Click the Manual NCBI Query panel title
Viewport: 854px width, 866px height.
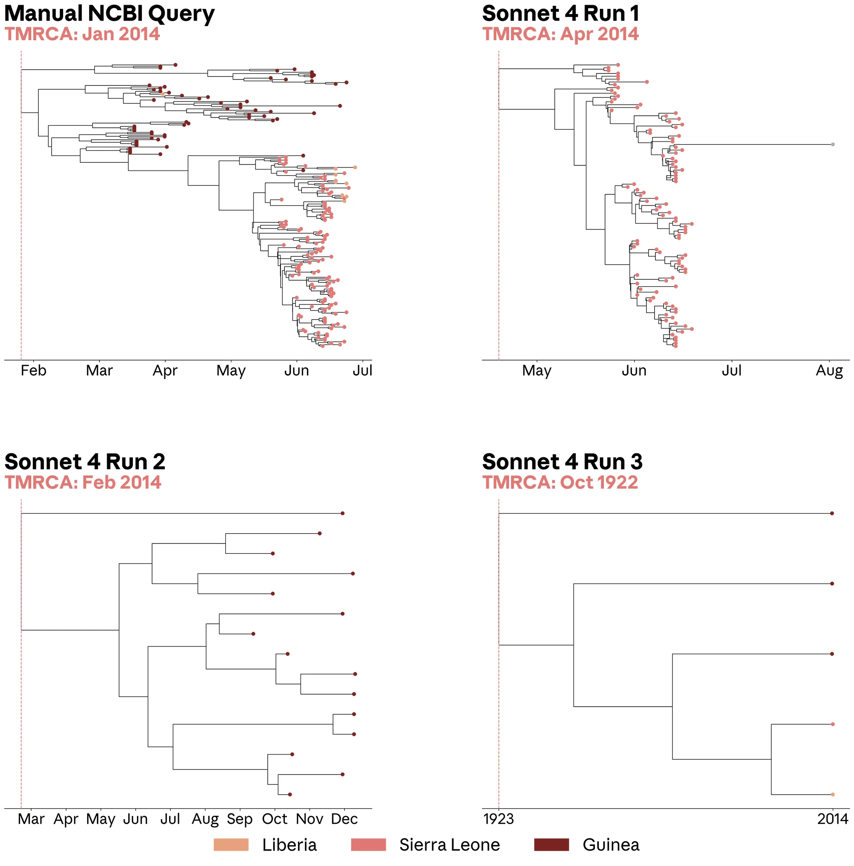coord(109,13)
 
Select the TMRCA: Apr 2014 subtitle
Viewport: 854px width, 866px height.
coord(560,34)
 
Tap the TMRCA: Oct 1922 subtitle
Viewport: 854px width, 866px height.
coord(560,482)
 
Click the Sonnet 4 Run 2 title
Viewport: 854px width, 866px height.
coord(85,462)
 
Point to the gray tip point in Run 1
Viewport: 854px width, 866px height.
coord(833,144)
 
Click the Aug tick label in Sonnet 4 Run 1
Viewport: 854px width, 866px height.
coord(829,371)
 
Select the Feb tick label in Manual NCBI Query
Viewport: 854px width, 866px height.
coord(34,371)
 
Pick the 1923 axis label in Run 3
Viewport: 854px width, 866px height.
coord(499,819)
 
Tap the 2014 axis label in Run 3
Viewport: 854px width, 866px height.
coord(833,819)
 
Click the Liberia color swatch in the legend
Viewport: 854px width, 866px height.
coord(231,845)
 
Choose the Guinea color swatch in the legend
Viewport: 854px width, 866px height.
coord(552,845)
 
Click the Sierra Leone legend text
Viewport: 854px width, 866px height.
coord(449,845)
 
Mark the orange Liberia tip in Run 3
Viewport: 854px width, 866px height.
coord(833,795)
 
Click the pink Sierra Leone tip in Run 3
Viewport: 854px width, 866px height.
coord(833,724)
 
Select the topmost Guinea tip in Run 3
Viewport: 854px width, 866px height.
coord(832,513)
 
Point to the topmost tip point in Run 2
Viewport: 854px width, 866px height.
coord(343,513)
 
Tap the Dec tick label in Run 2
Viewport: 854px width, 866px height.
coord(344,819)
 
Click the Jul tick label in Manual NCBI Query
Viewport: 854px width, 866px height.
coord(363,371)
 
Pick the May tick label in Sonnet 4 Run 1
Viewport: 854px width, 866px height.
coord(537,371)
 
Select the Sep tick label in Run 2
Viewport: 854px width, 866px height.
coord(240,819)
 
